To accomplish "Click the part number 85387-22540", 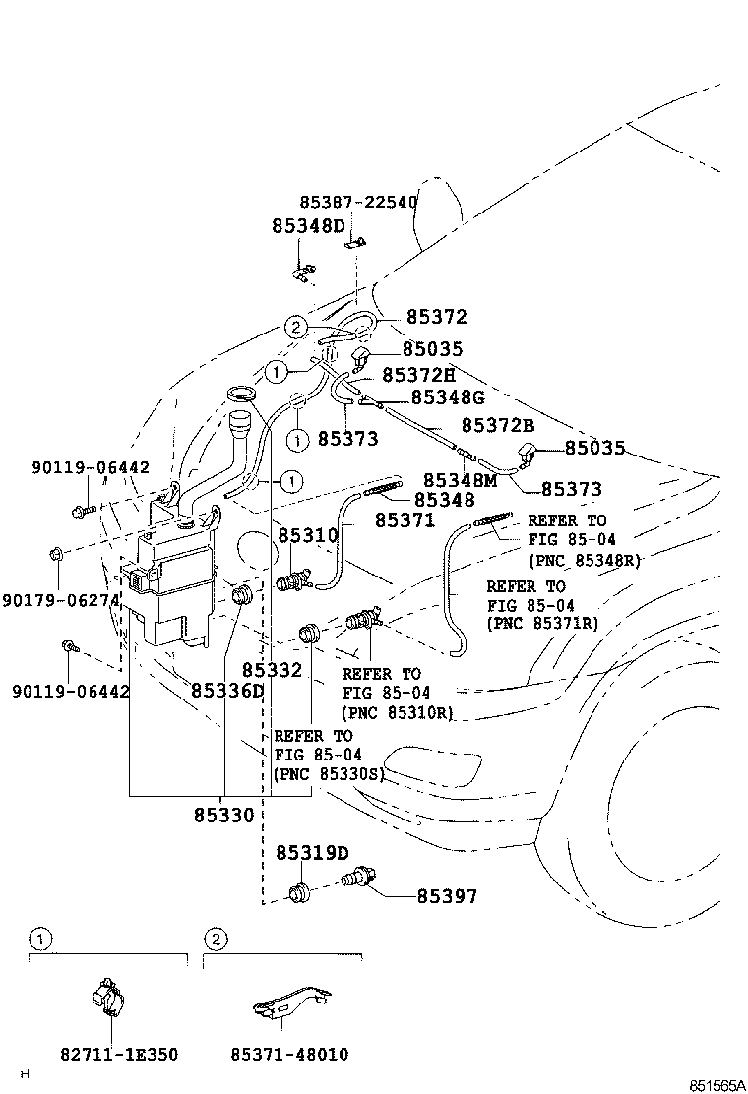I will tap(358, 203).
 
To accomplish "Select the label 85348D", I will tap(308, 226).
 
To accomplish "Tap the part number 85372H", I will tap(418, 374).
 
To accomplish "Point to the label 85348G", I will tap(448, 396).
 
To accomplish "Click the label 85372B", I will tap(498, 426).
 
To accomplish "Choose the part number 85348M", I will tap(460, 479).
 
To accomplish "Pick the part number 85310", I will tap(308, 535).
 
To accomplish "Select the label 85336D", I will tap(227, 690).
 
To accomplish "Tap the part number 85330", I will tap(223, 815).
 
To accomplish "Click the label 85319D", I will tap(312, 853).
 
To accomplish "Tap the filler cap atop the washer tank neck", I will tap(240, 395).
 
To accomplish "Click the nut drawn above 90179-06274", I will tap(56, 555).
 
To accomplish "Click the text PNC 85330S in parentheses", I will tap(328, 774).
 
